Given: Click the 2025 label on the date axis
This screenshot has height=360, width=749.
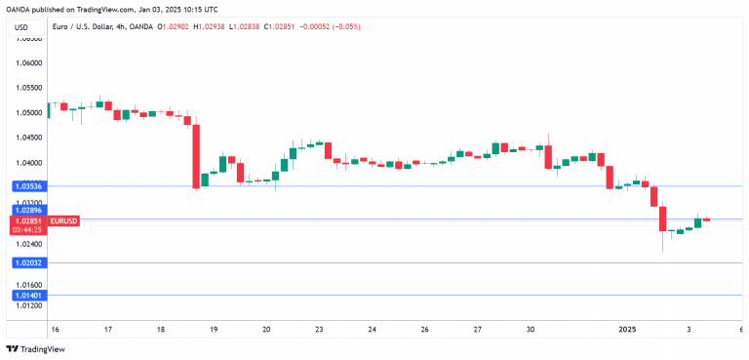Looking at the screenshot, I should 629,330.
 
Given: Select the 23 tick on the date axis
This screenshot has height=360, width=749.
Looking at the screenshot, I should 319,330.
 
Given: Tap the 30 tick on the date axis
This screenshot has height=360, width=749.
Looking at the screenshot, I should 531,330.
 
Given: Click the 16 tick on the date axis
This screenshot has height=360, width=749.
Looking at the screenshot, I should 55,330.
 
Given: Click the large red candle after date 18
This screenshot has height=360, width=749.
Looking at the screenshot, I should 196,155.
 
